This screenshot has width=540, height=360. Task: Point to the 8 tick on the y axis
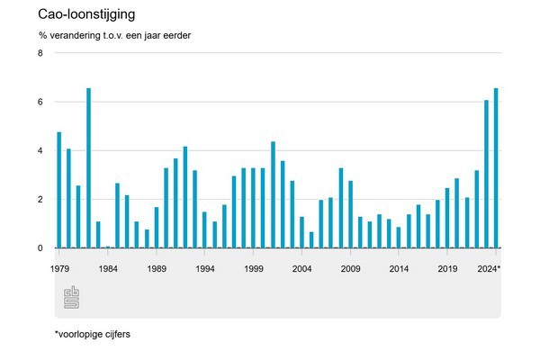tap(40, 54)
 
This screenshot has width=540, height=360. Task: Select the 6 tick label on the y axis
tap(40, 103)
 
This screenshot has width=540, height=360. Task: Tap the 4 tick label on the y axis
tap(40, 151)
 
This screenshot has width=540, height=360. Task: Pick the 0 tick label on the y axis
tap(40, 248)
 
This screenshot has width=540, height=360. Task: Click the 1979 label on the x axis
tap(59, 269)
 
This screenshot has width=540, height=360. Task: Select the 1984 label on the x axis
tap(108, 269)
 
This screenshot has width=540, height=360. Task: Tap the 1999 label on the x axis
tap(254, 269)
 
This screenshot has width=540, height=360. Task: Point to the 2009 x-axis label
tap(351, 269)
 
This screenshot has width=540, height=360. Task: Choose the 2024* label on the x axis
tap(489, 269)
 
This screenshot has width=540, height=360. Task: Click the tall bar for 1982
tap(88, 167)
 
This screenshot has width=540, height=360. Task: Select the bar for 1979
tap(59, 190)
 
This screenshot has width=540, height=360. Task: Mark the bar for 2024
tap(497, 167)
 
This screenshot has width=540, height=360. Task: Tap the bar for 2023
tap(487, 174)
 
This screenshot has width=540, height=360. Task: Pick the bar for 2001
tap(273, 194)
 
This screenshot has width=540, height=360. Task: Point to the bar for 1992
tap(185, 197)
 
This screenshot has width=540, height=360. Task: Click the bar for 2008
tap(341, 208)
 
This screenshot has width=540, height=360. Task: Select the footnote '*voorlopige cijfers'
tap(93, 337)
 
